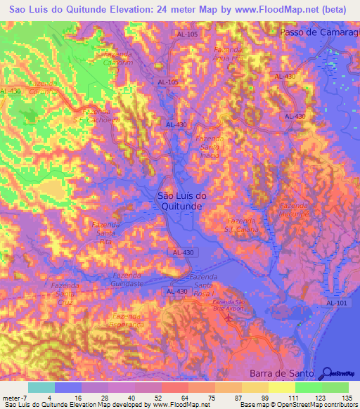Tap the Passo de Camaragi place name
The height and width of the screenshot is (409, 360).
tap(320, 33)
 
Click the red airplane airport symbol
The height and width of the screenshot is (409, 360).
tap(227, 319)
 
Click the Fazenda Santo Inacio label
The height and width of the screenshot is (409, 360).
tap(210, 147)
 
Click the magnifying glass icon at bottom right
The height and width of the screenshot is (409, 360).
tap(327, 373)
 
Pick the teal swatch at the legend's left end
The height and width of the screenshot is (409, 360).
tap(41, 387)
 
